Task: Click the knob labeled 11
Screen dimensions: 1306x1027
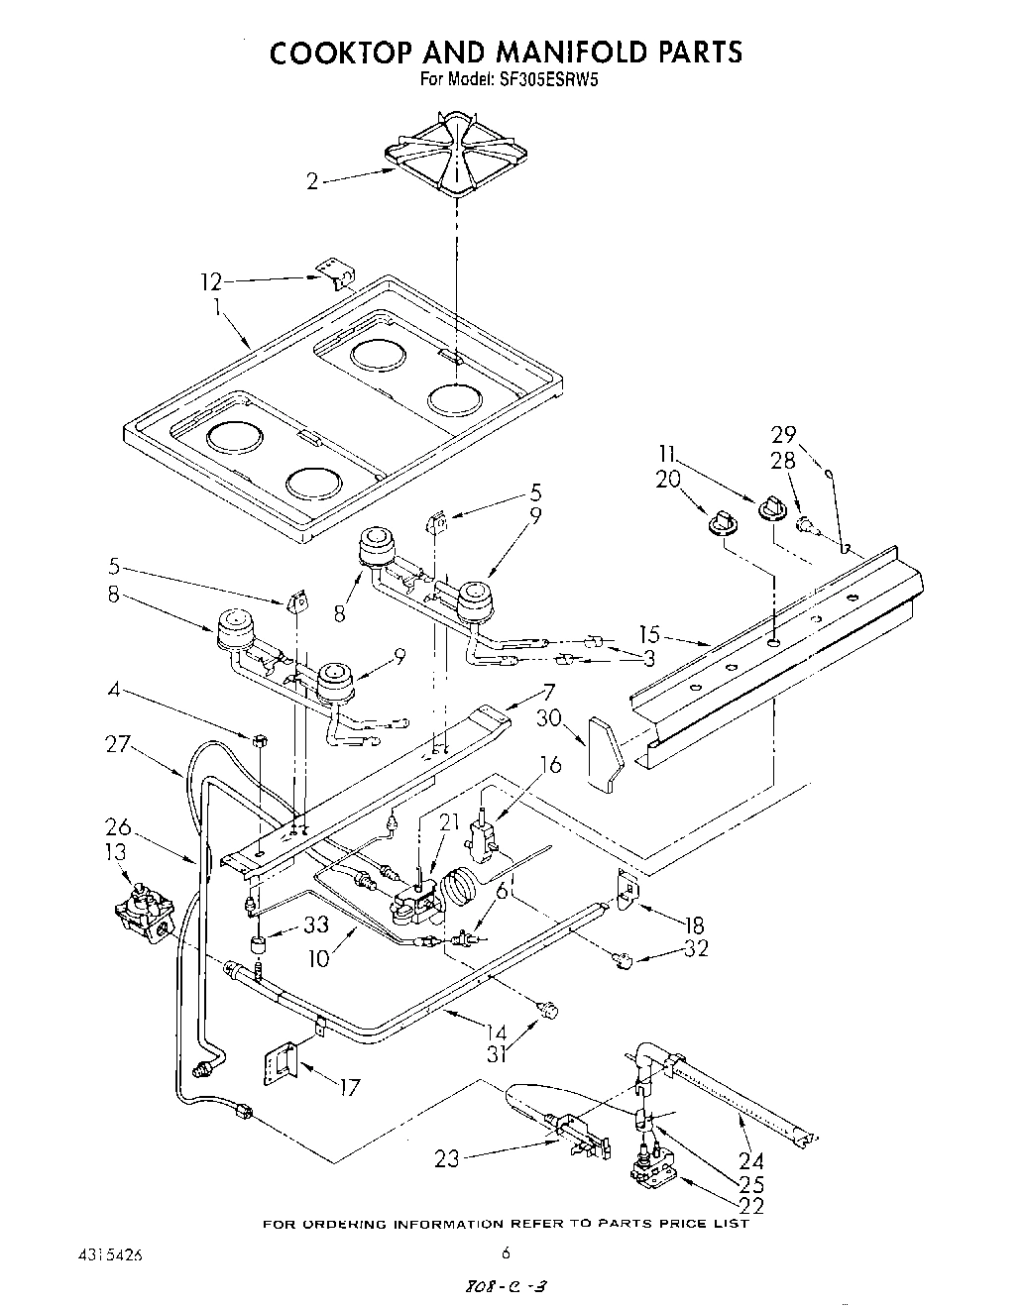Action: (770, 509)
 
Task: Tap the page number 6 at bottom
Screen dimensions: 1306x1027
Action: (506, 1253)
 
